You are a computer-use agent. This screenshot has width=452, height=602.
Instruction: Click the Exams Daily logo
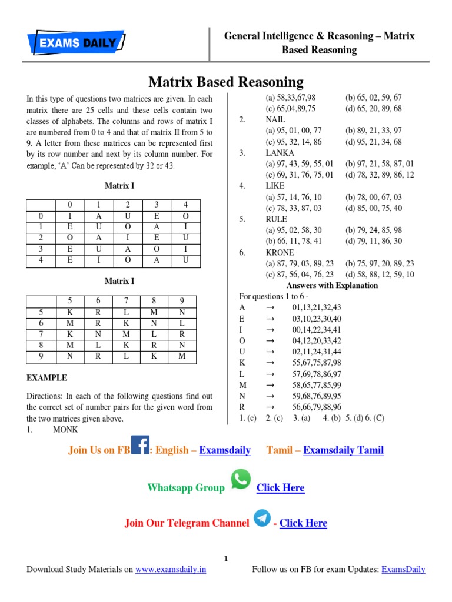[76, 42]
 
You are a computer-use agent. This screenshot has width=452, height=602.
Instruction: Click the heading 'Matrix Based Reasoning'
[225, 82]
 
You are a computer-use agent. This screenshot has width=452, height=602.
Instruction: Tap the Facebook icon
[139, 444]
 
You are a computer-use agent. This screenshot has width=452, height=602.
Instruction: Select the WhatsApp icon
[240, 479]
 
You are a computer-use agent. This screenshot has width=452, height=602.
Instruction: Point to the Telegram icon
[262, 518]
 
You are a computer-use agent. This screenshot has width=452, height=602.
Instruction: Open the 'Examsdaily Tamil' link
[343, 450]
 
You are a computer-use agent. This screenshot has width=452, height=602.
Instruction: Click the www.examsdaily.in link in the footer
[171, 570]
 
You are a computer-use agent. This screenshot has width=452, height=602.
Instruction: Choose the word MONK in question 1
[65, 430]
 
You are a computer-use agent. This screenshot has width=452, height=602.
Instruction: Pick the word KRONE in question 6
[280, 253]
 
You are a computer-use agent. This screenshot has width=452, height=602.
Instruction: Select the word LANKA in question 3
[280, 153]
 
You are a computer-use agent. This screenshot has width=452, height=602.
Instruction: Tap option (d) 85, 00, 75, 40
[374, 208]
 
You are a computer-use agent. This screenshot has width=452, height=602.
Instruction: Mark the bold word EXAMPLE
[47, 378]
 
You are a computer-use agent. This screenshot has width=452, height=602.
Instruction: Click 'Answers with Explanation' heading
[332, 286]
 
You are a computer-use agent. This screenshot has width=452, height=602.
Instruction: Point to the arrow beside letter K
[271, 363]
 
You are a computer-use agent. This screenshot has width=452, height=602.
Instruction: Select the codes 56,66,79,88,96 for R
[316, 407]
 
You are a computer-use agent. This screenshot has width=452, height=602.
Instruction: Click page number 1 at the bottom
[226, 558]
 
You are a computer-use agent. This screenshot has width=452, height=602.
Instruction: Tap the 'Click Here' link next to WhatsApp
[281, 488]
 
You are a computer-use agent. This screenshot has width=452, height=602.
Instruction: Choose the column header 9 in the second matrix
[182, 300]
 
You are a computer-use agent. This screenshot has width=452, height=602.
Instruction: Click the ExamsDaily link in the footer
[403, 570]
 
